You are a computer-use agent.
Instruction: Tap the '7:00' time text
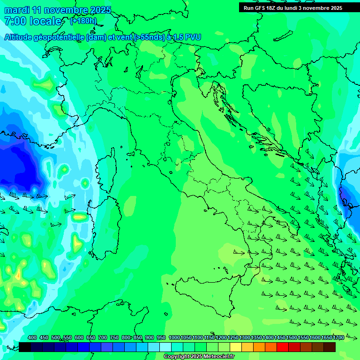click(15, 21)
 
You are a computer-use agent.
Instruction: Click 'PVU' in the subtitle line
click(192, 37)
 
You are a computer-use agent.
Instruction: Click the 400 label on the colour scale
click(32, 337)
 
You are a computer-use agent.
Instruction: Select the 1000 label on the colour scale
click(174, 337)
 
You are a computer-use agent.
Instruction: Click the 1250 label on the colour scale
click(233, 337)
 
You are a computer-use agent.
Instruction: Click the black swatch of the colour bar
click(25, 347)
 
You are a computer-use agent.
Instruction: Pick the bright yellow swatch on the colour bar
click(236, 347)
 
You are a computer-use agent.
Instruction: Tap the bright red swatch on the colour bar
click(283, 347)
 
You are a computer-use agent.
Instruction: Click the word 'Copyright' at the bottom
click(176, 357)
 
